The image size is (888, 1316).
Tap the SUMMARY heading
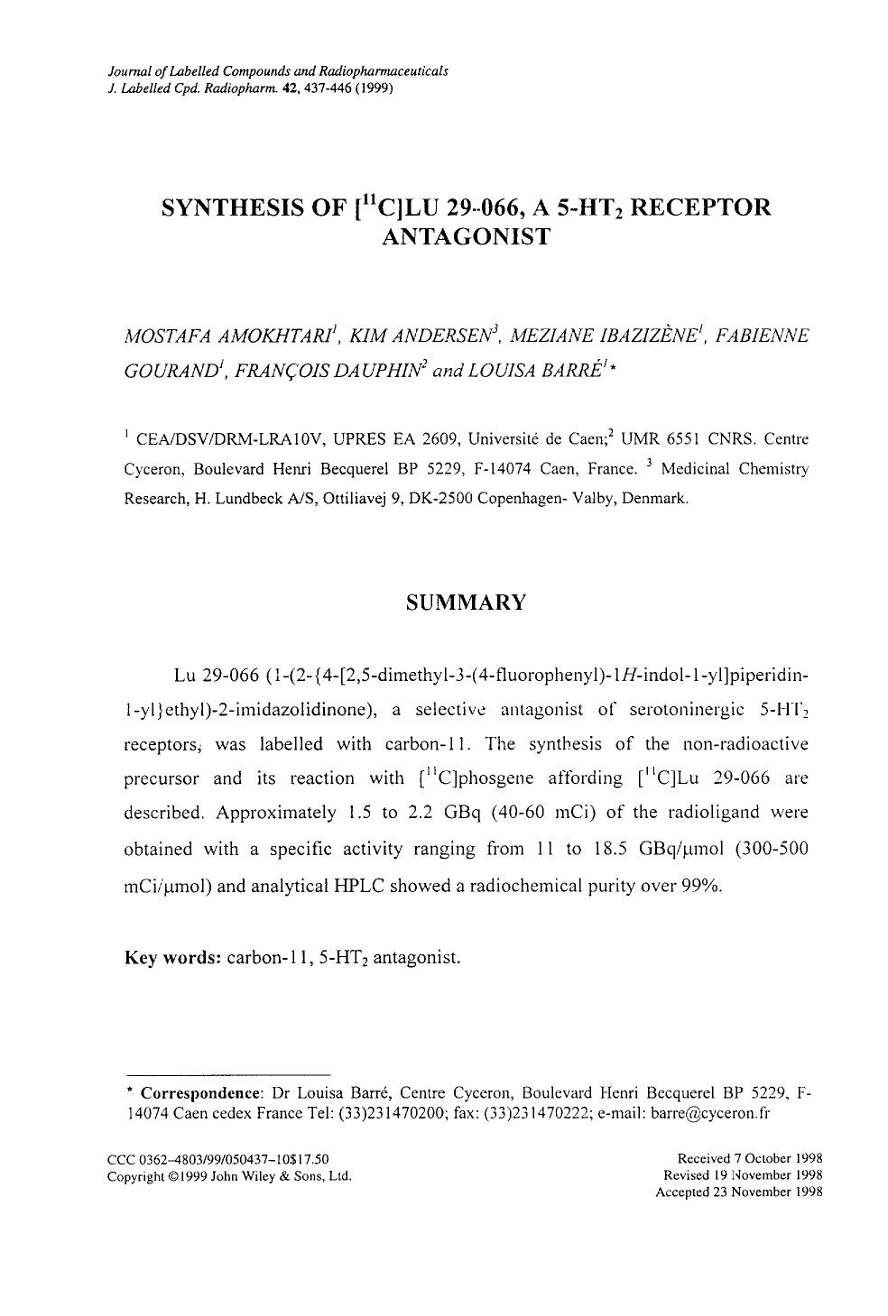coord(466,603)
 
